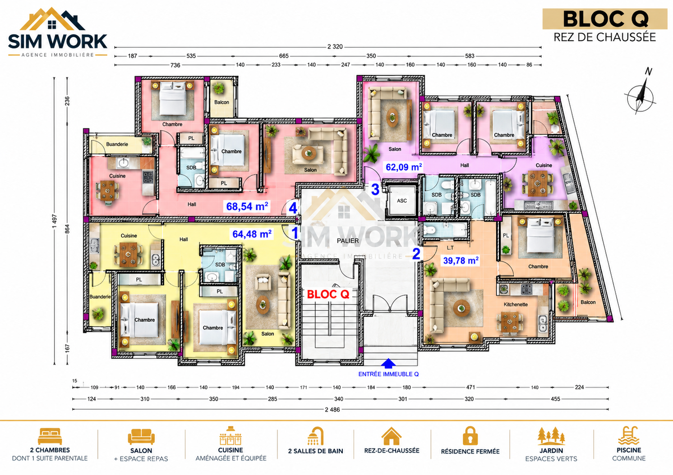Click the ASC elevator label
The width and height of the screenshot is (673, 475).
click(x=402, y=201)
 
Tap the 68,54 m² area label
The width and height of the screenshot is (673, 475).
click(x=247, y=206)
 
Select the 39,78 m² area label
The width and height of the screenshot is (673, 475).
click(x=461, y=260)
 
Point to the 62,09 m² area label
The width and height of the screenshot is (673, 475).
click(x=404, y=167)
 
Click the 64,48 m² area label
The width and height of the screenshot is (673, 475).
click(x=252, y=234)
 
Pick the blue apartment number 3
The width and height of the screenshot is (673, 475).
click(x=375, y=190)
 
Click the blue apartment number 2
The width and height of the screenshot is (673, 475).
click(x=416, y=254)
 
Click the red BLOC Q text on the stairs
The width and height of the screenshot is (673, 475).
click(x=328, y=294)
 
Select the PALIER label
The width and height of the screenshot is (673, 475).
click(x=348, y=241)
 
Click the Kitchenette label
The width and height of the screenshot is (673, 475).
click(x=516, y=305)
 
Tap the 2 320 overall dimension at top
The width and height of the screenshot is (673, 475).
click(x=335, y=46)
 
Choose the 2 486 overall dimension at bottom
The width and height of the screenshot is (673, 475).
click(x=332, y=410)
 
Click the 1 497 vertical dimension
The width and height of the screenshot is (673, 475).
click(x=55, y=221)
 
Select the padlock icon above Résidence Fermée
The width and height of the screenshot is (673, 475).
click(x=470, y=436)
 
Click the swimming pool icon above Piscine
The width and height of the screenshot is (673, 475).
click(x=628, y=435)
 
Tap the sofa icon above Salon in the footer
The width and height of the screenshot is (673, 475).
click(x=141, y=437)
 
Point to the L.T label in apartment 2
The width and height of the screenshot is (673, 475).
click(x=450, y=248)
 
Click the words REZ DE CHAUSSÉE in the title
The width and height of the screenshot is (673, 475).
click(x=604, y=37)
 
